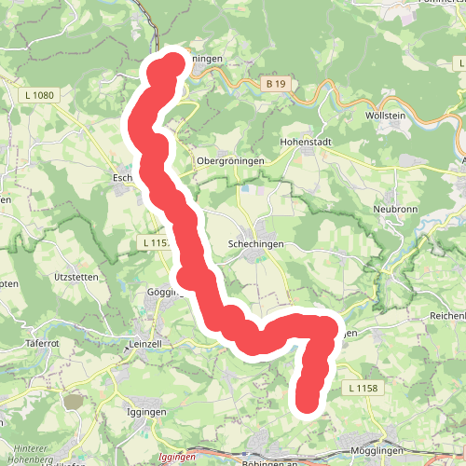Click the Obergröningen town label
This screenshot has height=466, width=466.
(x=230, y=160)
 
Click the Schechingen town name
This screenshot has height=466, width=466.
(x=255, y=242)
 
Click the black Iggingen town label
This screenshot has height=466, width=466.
(x=145, y=411)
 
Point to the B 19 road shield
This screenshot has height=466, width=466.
(x=274, y=84)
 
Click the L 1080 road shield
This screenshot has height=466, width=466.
(x=39, y=95)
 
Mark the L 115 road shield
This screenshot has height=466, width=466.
(x=155, y=242)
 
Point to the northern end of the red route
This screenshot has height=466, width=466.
(x=174, y=63)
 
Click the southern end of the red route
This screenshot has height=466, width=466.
(x=307, y=402)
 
